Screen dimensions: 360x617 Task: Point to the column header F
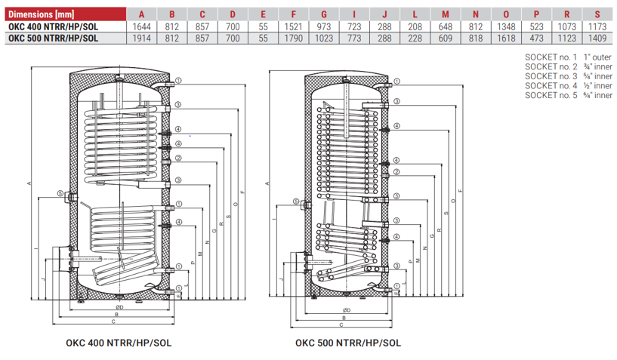pos(293,14)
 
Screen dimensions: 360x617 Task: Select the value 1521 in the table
pos(293,26)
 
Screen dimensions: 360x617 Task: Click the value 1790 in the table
pos(293,37)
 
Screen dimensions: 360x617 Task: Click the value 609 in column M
pos(446,37)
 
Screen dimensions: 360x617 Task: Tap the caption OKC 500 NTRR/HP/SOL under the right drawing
pos(348,343)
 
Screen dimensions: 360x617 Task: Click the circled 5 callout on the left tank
pos(60,194)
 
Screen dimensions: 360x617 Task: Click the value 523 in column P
pos(535,26)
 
